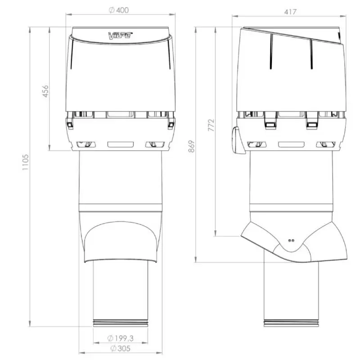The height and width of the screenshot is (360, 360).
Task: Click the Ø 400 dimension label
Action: [x=119, y=10]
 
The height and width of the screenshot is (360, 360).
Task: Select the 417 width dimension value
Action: [x=290, y=12]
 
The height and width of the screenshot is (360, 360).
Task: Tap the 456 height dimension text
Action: [x=46, y=91]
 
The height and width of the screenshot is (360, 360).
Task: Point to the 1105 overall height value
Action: [x=25, y=162]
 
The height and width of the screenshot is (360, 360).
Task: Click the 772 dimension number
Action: [x=211, y=125]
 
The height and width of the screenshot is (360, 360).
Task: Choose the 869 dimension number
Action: [x=191, y=147]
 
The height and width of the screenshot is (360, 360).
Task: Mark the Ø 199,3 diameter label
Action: [x=120, y=338]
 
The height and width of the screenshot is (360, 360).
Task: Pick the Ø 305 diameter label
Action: [x=120, y=348]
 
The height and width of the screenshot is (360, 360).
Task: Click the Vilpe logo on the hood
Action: [x=120, y=36]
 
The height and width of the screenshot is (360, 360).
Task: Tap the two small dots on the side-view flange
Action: [x=291, y=241]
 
